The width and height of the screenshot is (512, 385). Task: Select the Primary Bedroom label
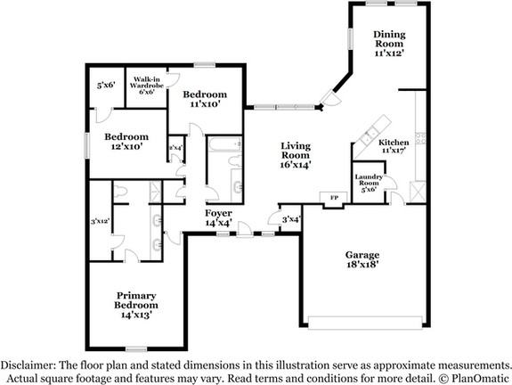[x=137, y=306]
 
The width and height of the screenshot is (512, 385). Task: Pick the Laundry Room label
[x=369, y=183]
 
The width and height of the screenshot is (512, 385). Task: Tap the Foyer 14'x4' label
[x=219, y=217]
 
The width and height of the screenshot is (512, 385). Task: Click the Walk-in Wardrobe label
[x=147, y=85]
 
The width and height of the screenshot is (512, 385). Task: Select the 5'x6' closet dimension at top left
[x=107, y=86]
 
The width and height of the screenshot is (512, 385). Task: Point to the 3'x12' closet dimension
[x=101, y=221]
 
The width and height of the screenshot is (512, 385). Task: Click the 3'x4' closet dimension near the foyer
[x=290, y=219]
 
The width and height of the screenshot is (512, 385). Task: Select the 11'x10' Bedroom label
[x=204, y=99]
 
